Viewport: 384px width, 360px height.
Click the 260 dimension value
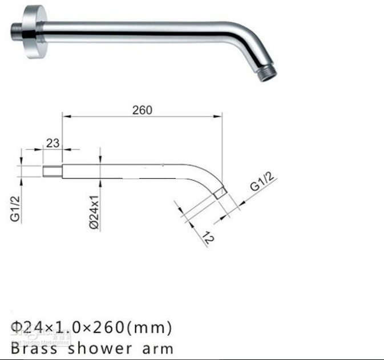pos(142,110)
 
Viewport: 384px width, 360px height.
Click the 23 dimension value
pos(52,144)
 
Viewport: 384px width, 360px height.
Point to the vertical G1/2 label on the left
pos(15,211)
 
